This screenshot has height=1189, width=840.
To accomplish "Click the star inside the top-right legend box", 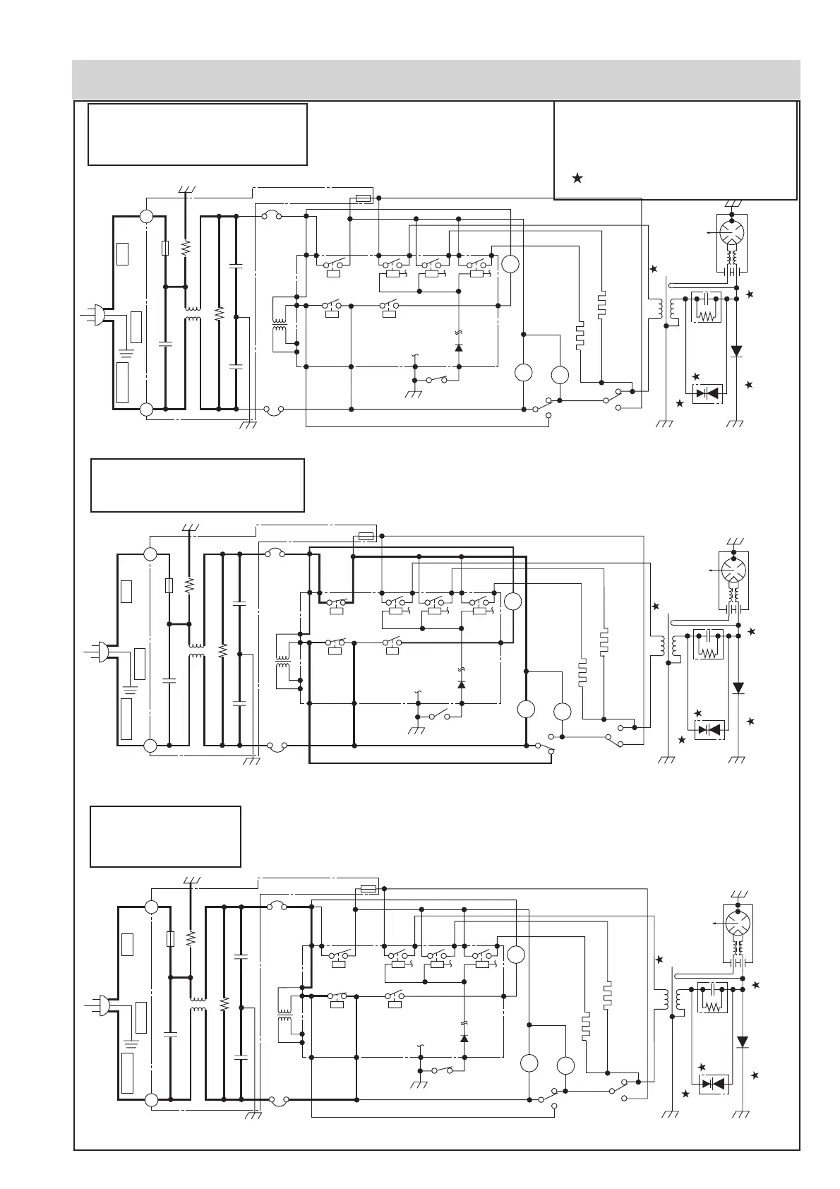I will click(x=577, y=179).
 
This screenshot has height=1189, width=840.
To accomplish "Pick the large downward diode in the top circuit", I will click(x=736, y=351).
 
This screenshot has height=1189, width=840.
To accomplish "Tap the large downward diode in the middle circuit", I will click(x=738, y=688).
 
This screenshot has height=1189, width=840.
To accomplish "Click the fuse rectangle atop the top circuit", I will click(x=364, y=199).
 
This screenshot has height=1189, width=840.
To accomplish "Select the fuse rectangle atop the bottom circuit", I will click(x=368, y=889).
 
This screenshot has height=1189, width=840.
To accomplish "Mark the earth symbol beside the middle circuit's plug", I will click(x=129, y=688).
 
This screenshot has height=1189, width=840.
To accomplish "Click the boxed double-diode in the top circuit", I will click(x=707, y=393).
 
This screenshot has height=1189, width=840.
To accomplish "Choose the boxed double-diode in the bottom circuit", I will click(x=713, y=1083).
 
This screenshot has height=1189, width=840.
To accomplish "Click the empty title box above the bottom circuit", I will click(x=165, y=837).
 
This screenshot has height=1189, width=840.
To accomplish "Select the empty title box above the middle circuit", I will click(x=197, y=485).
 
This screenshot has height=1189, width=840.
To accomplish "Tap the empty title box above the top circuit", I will click(x=197, y=134).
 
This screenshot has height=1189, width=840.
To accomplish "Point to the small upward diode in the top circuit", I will click(x=459, y=347).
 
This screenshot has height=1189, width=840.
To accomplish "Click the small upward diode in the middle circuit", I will click(x=462, y=684).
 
